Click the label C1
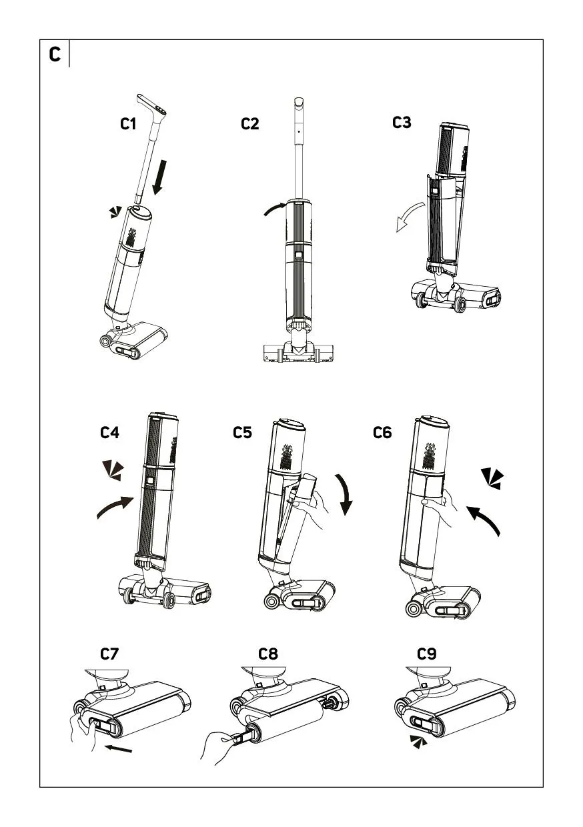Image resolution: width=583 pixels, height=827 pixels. (129, 124)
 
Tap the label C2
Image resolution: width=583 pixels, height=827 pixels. (250, 124)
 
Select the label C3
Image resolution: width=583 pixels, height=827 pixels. (402, 123)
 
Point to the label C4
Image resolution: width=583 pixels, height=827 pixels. (110, 432)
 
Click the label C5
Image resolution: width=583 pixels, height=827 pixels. (243, 432)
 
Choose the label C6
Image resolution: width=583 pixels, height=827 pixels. (382, 432)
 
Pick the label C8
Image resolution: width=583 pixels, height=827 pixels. (268, 654)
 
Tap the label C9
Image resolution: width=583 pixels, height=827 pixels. (427, 654)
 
